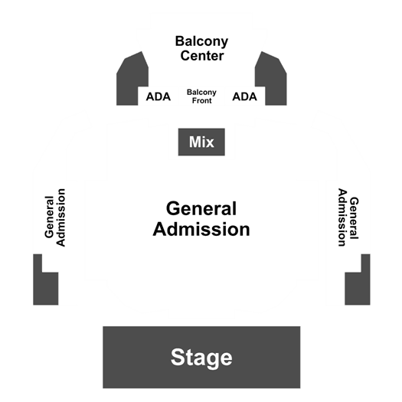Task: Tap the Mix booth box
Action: [201, 142]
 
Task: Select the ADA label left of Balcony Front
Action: [159, 96]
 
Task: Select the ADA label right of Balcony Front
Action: [244, 96]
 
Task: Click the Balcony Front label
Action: [201, 96]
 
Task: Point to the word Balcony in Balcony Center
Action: [201, 41]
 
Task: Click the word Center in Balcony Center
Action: [202, 56]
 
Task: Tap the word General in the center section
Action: [201, 208]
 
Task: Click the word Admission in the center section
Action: [201, 229]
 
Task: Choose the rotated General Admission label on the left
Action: [55, 217]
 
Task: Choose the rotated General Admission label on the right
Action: [348, 217]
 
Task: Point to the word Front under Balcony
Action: [202, 100]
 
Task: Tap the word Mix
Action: [201, 142]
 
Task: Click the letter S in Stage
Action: [178, 357]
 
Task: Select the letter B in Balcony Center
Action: [180, 41]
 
